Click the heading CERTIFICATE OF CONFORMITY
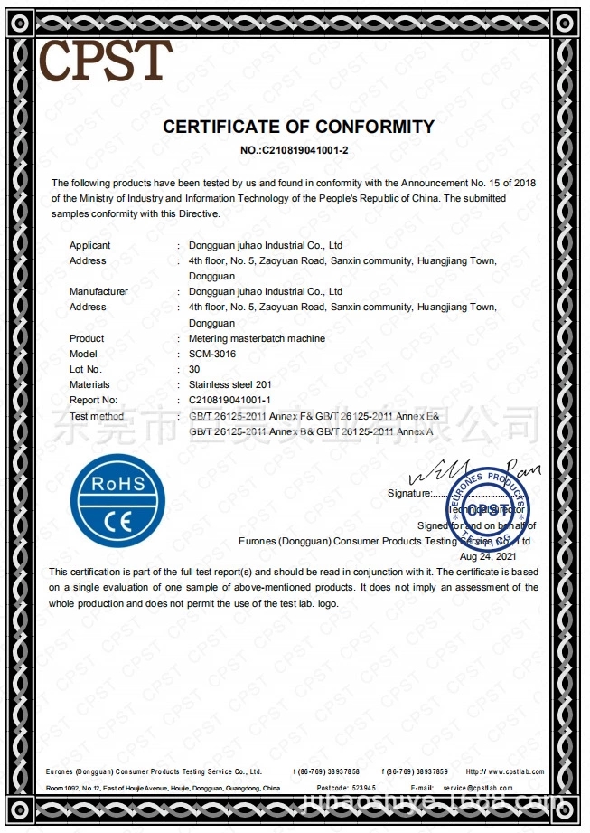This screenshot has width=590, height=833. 298,127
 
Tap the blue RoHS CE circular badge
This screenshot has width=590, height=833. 118,500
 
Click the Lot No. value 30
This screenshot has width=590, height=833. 193,369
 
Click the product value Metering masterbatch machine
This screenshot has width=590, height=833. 257,338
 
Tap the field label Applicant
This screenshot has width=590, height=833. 90,245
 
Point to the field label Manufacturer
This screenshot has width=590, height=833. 98,291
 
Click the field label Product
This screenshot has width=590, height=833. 87,338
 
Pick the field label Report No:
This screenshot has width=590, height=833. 93,400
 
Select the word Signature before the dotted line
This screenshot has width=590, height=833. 409,493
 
